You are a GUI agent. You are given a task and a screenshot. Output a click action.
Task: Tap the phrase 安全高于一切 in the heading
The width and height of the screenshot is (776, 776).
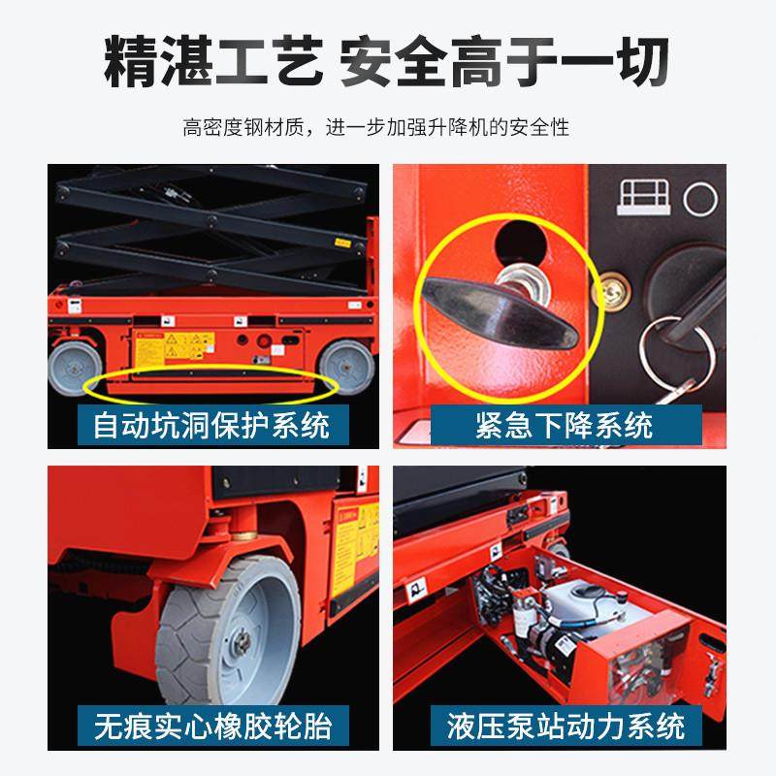pyautogui.click(x=504, y=63)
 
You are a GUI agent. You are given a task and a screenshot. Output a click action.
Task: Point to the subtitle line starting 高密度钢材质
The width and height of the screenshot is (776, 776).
pyautogui.click(x=388, y=127)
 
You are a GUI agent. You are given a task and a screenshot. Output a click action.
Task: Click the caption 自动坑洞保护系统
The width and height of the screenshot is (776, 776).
pyautogui.click(x=211, y=424)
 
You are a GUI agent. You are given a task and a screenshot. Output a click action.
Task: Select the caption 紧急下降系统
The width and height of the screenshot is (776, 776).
pyautogui.click(x=564, y=424)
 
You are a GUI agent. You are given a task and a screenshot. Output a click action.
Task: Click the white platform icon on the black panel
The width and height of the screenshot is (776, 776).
pyautogui.click(x=641, y=198)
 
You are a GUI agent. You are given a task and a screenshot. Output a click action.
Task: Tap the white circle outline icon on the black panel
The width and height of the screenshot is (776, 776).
pyautogui.click(x=699, y=199)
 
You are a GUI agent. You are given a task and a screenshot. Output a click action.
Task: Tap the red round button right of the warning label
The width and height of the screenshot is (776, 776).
pyautogui.click(x=262, y=341)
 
